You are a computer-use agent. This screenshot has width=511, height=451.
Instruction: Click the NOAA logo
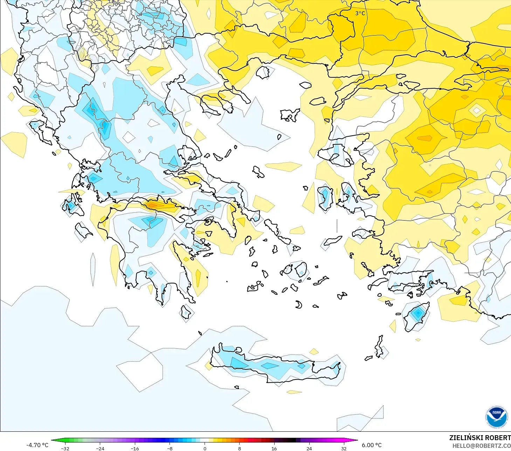coord(497,417)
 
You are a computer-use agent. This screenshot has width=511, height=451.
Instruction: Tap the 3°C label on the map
coord(360,13)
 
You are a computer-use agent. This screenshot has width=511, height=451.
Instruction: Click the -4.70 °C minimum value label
coord(37,445)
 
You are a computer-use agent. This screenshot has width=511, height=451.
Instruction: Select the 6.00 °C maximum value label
coord(372,445)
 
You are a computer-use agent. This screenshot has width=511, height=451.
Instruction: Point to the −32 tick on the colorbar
coord(65,448)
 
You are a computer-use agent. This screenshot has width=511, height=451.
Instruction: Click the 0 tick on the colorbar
coord(205,448)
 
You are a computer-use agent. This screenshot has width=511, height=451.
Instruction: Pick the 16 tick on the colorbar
coord(274,448)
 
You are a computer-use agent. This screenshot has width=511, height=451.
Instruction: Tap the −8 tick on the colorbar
coord(170,448)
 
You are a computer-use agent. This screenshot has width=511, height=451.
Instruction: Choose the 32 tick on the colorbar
coord(344,448)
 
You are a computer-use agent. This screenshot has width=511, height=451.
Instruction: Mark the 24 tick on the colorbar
coord(309,448)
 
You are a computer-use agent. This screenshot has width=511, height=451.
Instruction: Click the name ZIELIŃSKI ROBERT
coord(480,438)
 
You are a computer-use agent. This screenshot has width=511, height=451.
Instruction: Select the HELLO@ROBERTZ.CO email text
coord(481,446)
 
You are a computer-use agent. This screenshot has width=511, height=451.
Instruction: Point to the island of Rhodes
coord(416,316)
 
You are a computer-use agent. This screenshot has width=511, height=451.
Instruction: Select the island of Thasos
coord(263,72)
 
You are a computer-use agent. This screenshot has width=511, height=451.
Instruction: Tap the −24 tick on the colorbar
coord(100,448)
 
